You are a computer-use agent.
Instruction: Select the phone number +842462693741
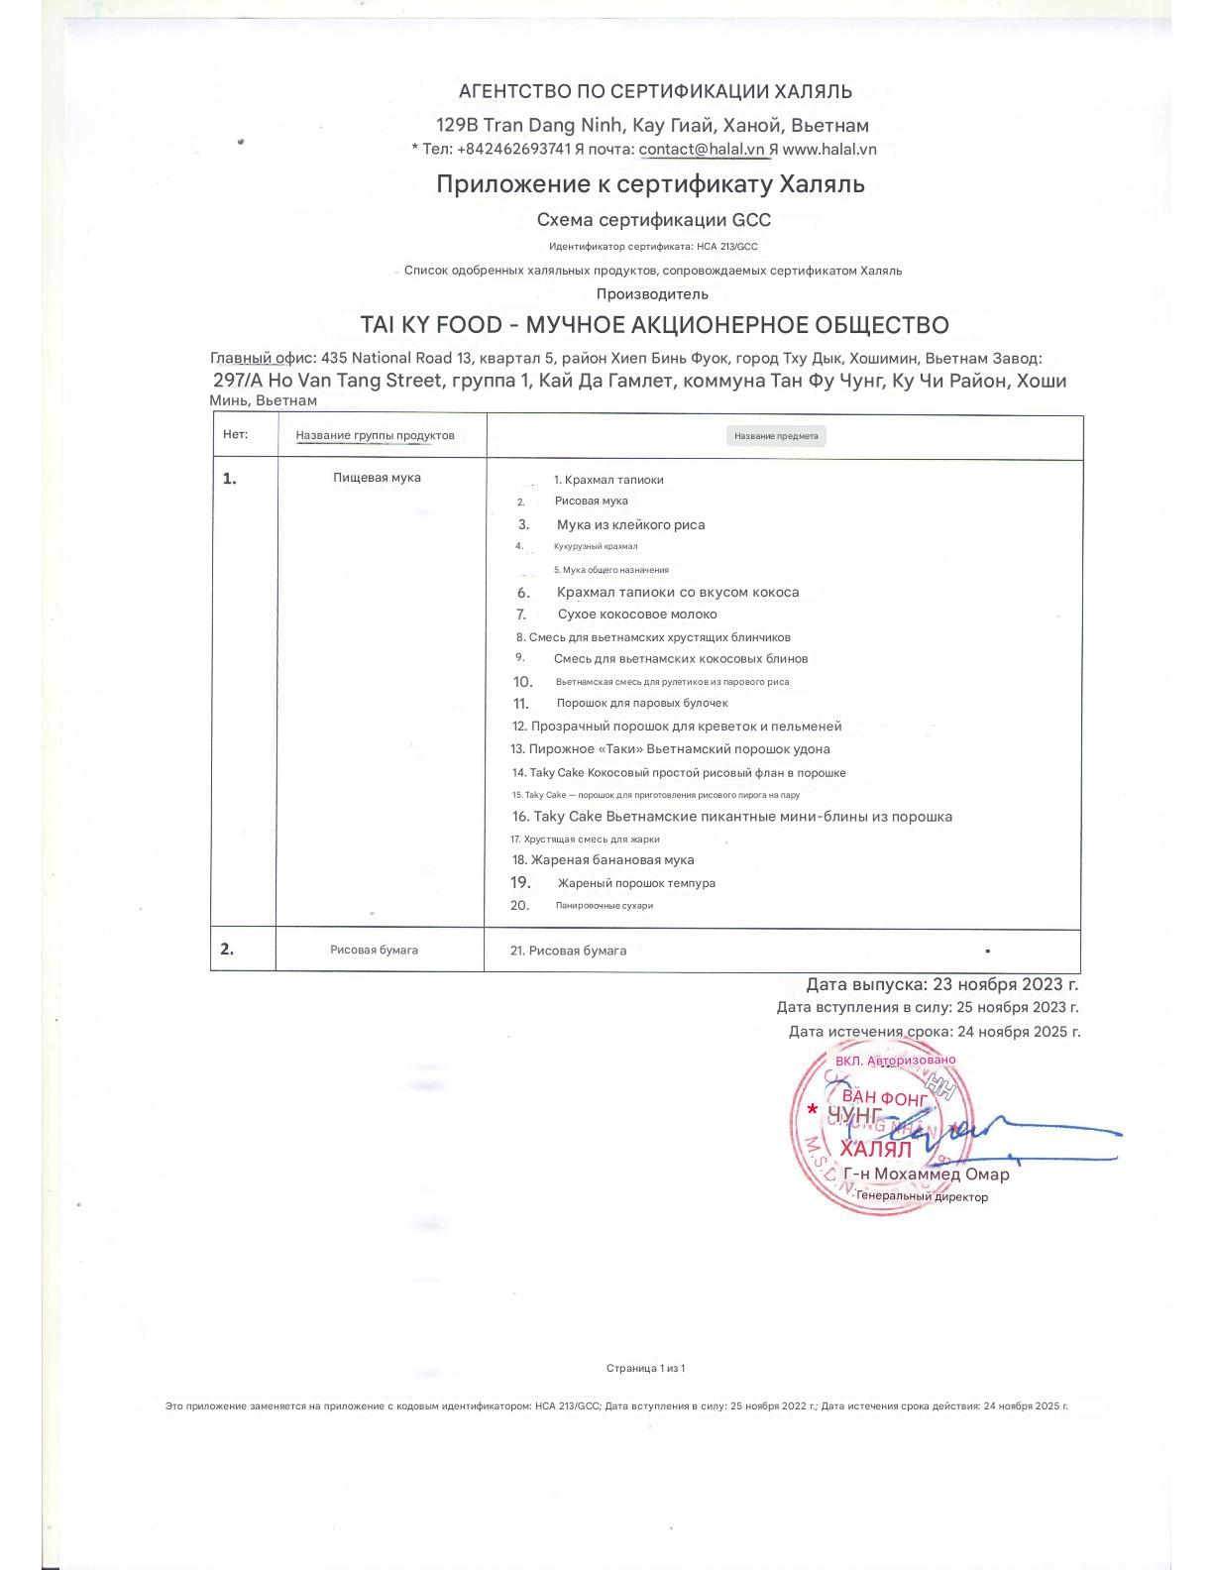pos(513,150)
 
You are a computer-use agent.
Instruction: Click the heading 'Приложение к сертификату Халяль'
pos(650,184)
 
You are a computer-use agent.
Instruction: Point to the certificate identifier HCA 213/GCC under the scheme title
pos(727,247)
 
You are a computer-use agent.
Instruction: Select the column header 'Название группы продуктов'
pos(375,436)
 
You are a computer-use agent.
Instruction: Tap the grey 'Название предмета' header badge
pos(776,436)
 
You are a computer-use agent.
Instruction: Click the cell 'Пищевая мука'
pos(377,478)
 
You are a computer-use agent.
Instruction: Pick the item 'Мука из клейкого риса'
pos(630,525)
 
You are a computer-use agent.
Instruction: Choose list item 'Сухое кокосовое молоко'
pos(637,615)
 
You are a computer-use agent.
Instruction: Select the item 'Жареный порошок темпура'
pos(635,883)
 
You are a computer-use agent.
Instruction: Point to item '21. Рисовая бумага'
pos(568,951)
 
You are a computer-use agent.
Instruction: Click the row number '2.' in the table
pos(227,949)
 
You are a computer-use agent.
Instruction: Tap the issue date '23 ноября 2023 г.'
pos(1005,984)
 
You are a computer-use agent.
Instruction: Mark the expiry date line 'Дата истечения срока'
pos(934,1032)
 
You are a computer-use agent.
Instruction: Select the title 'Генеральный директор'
pos(922,1197)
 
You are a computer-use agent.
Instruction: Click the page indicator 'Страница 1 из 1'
pos(645,1369)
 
